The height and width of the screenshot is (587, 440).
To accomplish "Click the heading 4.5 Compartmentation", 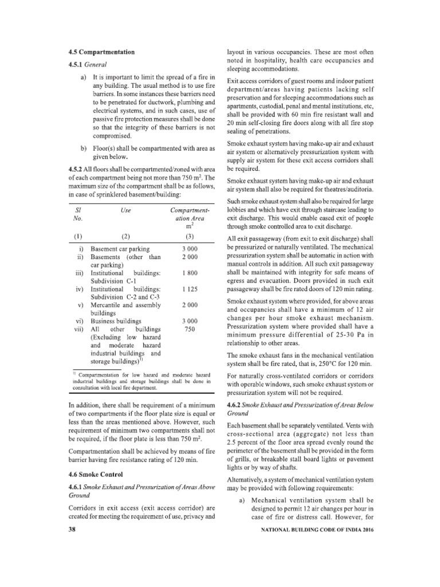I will tap(101, 53).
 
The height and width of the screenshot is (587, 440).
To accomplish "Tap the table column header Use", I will tap(127, 210).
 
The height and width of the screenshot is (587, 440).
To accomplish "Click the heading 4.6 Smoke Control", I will tap(97, 475).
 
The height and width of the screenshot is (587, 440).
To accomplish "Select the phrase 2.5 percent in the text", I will tap(243, 441).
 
